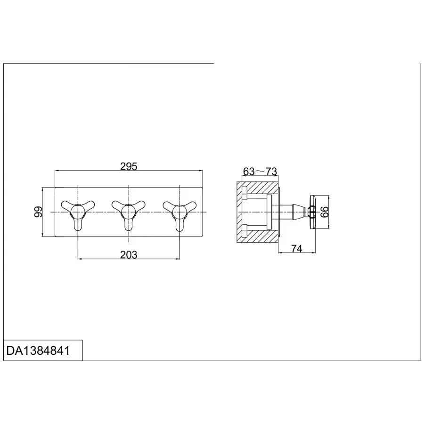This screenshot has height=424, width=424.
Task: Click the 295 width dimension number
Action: coord(129,166)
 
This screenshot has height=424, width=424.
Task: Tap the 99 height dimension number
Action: coord(39,212)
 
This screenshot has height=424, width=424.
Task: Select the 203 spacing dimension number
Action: coord(129,255)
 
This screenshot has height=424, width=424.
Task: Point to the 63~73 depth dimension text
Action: coord(260,171)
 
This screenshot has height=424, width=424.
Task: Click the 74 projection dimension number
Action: coord(297,248)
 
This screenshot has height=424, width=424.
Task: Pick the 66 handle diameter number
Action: coord(324,212)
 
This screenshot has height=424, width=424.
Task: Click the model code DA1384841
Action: coord(38,351)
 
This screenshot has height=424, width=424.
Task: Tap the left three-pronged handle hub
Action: coord(78,211)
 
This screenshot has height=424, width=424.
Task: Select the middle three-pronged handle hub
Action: coord(129,211)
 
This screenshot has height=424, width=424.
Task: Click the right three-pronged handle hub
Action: coord(179,211)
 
